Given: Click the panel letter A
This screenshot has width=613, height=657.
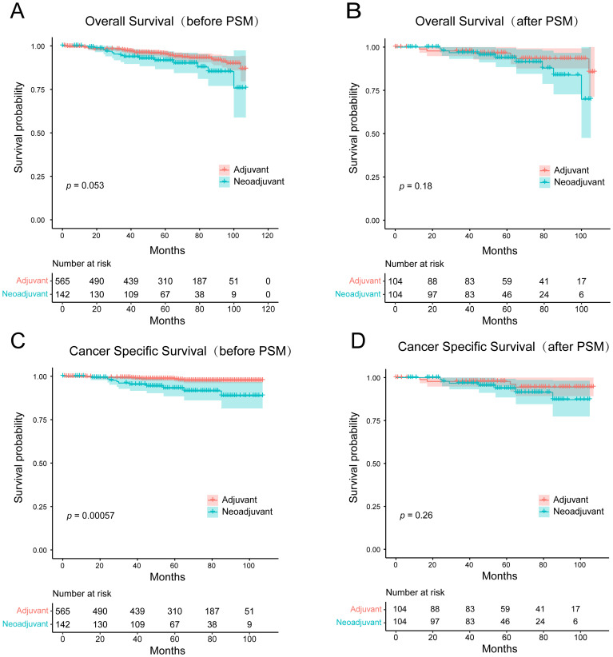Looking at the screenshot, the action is pos(17,10).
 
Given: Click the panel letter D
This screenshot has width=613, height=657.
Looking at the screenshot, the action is pos(358,341).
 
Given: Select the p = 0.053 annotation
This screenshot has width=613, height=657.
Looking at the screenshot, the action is pos(85,185).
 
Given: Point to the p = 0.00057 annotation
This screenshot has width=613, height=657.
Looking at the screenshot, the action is pos(90,516).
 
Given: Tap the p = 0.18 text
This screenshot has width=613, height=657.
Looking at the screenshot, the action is pos(416,186).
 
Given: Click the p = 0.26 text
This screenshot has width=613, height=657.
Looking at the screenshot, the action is pos(416,516).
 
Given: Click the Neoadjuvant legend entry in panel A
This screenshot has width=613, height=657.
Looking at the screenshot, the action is pos(252,182).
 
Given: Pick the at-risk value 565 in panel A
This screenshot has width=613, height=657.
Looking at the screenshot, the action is pos(62,281).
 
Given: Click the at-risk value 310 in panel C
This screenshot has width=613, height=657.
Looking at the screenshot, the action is pos(175,611).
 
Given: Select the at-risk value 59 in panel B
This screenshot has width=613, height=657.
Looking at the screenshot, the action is pos(507,281).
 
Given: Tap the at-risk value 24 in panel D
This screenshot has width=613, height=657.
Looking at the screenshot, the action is pos(540,621).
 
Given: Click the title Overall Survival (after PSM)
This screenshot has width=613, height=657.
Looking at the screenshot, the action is pos(497,22).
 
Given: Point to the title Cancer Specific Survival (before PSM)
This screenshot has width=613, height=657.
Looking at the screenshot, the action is pos(180,351).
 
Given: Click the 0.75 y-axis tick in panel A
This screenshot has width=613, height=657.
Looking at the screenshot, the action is pos(38,90).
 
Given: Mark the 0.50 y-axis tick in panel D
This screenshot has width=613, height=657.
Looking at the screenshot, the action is pos(373,464).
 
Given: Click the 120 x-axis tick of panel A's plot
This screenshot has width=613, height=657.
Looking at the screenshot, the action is pos(267,236).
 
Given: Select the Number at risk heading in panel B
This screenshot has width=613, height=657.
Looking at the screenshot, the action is pos(414,264).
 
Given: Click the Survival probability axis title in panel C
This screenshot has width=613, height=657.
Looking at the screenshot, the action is pos(18,457).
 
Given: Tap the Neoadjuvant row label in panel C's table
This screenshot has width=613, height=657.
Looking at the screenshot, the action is pos(25,624).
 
